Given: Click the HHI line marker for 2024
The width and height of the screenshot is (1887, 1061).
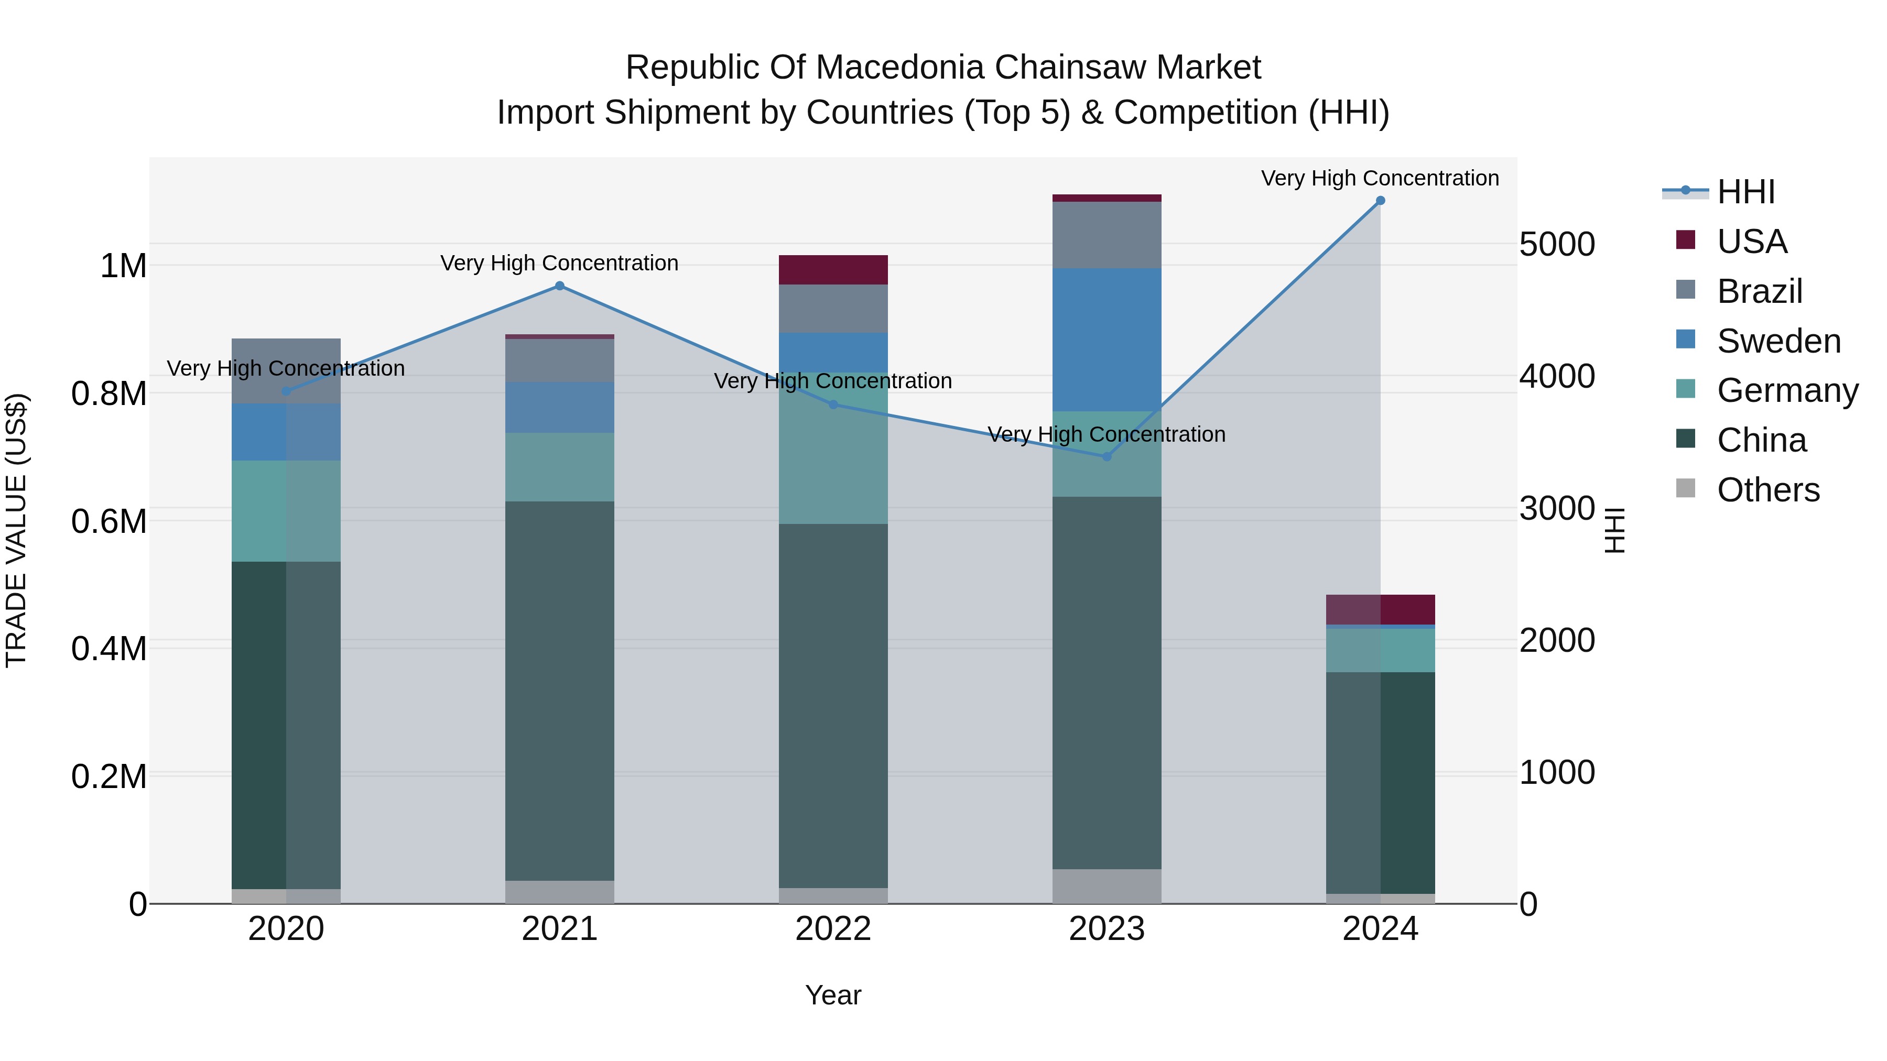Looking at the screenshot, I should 1380,201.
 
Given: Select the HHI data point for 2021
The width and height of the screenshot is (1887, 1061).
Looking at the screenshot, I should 560,286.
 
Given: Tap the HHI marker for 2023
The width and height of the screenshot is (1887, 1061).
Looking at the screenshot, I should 1107,456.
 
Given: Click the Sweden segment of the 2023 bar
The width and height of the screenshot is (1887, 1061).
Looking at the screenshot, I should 1107,339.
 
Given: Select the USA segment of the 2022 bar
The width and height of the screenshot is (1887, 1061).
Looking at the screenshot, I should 833,269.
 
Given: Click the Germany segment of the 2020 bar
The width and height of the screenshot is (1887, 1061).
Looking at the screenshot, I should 286,510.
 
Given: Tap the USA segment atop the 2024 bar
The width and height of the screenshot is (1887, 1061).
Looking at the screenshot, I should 1380,609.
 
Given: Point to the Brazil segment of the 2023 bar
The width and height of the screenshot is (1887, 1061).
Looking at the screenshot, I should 1107,234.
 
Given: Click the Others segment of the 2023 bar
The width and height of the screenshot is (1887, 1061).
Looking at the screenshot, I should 1107,886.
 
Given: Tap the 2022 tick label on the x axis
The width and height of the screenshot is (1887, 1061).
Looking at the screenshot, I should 833,928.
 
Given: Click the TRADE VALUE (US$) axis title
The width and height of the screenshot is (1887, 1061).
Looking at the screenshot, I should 16,530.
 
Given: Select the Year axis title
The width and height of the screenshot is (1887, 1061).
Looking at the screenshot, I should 833,995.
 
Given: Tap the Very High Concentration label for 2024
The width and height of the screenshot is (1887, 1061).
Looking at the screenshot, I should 1380,178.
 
